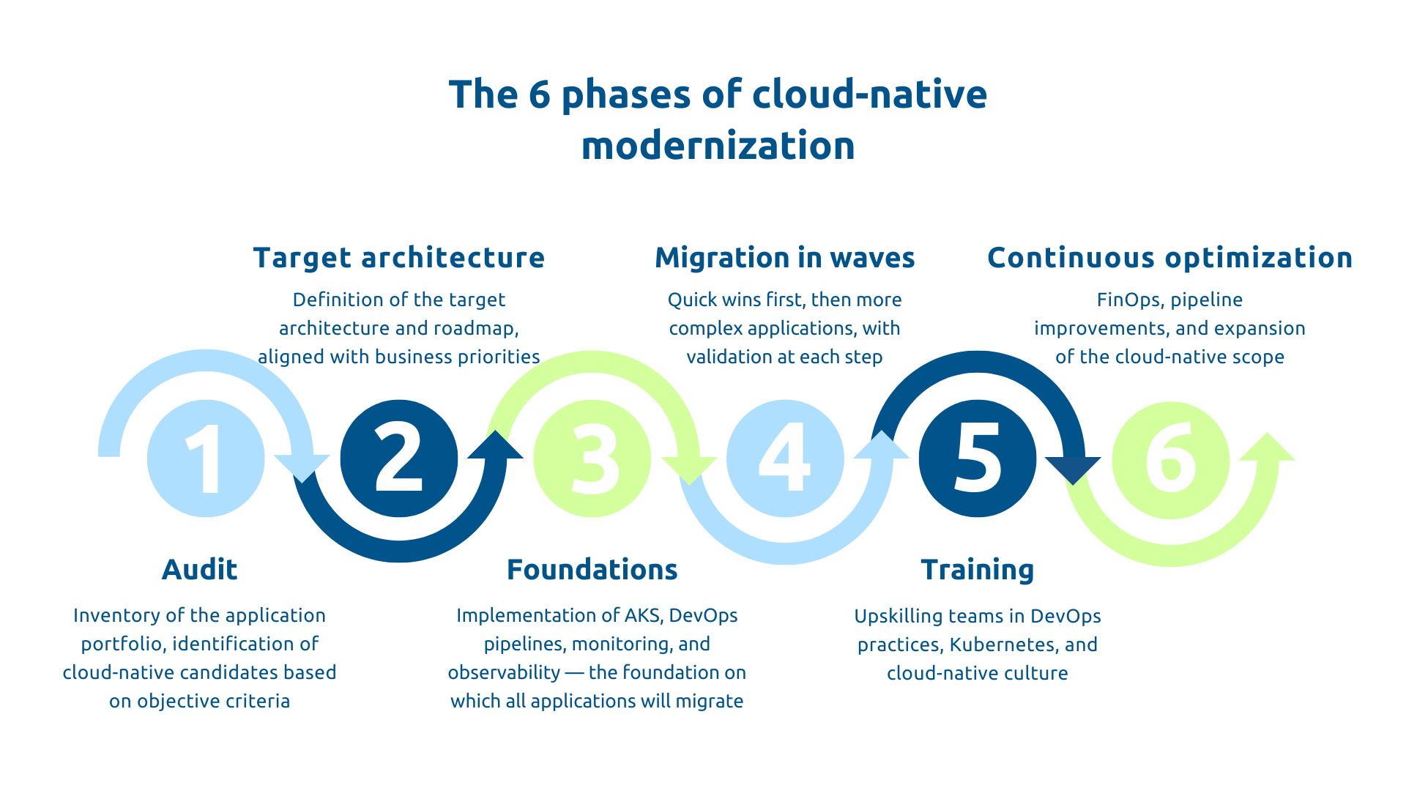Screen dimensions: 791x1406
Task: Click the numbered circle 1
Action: [x=206, y=458]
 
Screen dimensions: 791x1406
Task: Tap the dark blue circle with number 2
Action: [x=399, y=458]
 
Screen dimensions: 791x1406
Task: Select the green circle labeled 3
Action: [x=592, y=458]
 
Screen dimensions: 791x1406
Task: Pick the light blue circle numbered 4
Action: [x=785, y=458]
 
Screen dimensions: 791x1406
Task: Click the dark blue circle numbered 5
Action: [x=978, y=458]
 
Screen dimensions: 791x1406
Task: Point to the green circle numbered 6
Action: [x=1170, y=460]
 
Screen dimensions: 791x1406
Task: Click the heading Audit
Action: [x=199, y=570]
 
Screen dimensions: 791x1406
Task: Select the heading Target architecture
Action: [x=399, y=258]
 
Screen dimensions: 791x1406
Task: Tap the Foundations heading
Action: [x=592, y=570]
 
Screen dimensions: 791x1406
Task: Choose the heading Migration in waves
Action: [x=784, y=258]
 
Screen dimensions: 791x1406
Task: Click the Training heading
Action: [x=977, y=570]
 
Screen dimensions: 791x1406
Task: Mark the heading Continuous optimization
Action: [x=1169, y=258]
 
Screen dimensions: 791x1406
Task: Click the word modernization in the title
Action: [x=718, y=146]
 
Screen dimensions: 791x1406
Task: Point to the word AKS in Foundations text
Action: [x=641, y=615]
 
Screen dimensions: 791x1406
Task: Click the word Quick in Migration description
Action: [x=691, y=300]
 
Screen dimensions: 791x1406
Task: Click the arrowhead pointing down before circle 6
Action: [x=1073, y=469]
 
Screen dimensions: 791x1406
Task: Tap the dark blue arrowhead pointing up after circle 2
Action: [x=496, y=446]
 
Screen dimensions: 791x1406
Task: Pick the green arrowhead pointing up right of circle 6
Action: [x=1268, y=448]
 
